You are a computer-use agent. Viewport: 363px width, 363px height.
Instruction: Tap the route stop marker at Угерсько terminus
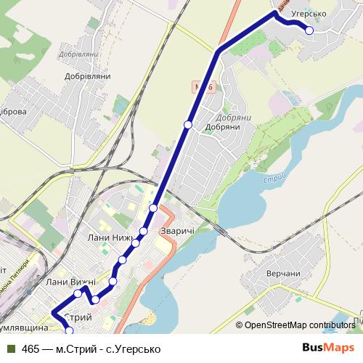(x=309, y=30)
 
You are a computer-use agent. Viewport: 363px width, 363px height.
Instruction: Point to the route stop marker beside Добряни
(x=188, y=125)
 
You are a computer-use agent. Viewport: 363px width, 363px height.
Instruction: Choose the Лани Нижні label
(x=107, y=238)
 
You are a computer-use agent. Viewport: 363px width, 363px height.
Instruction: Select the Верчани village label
(x=283, y=273)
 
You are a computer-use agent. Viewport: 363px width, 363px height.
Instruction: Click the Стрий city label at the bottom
(x=78, y=318)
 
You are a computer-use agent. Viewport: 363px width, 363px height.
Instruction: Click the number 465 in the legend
(x=30, y=349)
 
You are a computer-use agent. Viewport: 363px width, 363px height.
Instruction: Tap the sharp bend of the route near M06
(x=217, y=52)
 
